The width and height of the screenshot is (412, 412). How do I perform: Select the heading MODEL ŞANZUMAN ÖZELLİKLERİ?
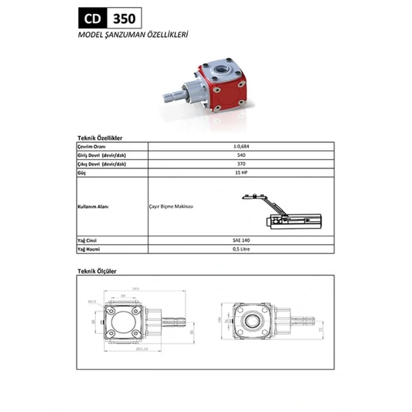coord(132,35)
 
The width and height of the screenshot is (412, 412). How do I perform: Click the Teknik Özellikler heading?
coord(100,137)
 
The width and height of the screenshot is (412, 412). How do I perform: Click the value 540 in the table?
coord(241,155)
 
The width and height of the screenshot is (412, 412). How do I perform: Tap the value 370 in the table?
coord(241,164)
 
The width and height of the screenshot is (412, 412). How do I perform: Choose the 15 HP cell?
coord(241,173)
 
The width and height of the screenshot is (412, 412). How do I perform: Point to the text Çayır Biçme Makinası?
coord(171,207)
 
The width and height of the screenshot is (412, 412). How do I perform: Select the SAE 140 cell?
coord(241,241)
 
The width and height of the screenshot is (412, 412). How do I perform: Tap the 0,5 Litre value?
coord(241,250)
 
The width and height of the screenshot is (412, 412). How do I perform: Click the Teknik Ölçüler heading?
coord(98,271)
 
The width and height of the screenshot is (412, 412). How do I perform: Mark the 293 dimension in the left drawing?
coord(135,289)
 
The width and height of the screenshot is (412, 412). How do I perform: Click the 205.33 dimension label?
coord(140,349)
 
